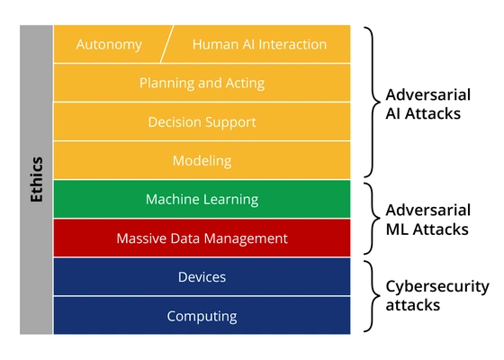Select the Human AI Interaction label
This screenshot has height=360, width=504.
260,44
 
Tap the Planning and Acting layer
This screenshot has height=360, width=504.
202,83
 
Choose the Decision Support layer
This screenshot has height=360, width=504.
202,121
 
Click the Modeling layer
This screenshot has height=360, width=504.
202,161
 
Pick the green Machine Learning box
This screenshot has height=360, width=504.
202,199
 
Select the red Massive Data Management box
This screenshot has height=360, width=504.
202,238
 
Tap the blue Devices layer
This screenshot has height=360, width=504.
202,277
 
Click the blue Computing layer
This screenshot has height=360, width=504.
202,316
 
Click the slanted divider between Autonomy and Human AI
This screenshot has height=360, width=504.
166,44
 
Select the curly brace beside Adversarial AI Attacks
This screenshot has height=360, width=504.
369,103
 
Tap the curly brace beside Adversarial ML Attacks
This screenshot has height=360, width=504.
369,219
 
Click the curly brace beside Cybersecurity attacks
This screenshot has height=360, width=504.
369,296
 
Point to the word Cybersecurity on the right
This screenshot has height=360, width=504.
436,287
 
